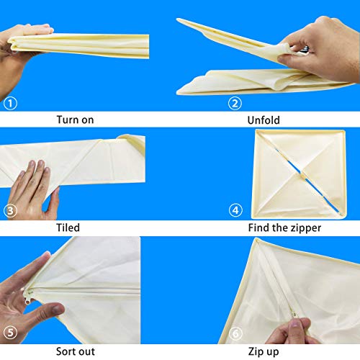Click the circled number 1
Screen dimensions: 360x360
(10, 104)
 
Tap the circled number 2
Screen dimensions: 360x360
(235, 104)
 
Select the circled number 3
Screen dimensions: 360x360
(10, 211)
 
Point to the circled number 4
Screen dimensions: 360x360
(235, 210)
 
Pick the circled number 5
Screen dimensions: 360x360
(10, 333)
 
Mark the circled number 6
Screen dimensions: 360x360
(235, 333)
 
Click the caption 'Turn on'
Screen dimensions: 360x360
(75, 120)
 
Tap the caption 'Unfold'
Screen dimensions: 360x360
(264, 120)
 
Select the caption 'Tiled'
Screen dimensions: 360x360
(68, 228)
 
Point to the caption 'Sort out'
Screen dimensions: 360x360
(76, 351)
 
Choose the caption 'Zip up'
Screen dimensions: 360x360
(264, 352)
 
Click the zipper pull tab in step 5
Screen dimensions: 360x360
(27, 300)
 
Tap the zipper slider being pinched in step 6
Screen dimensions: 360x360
(294, 314)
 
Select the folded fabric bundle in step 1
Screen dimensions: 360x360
(79, 45)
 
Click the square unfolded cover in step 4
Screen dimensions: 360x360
(298, 174)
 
